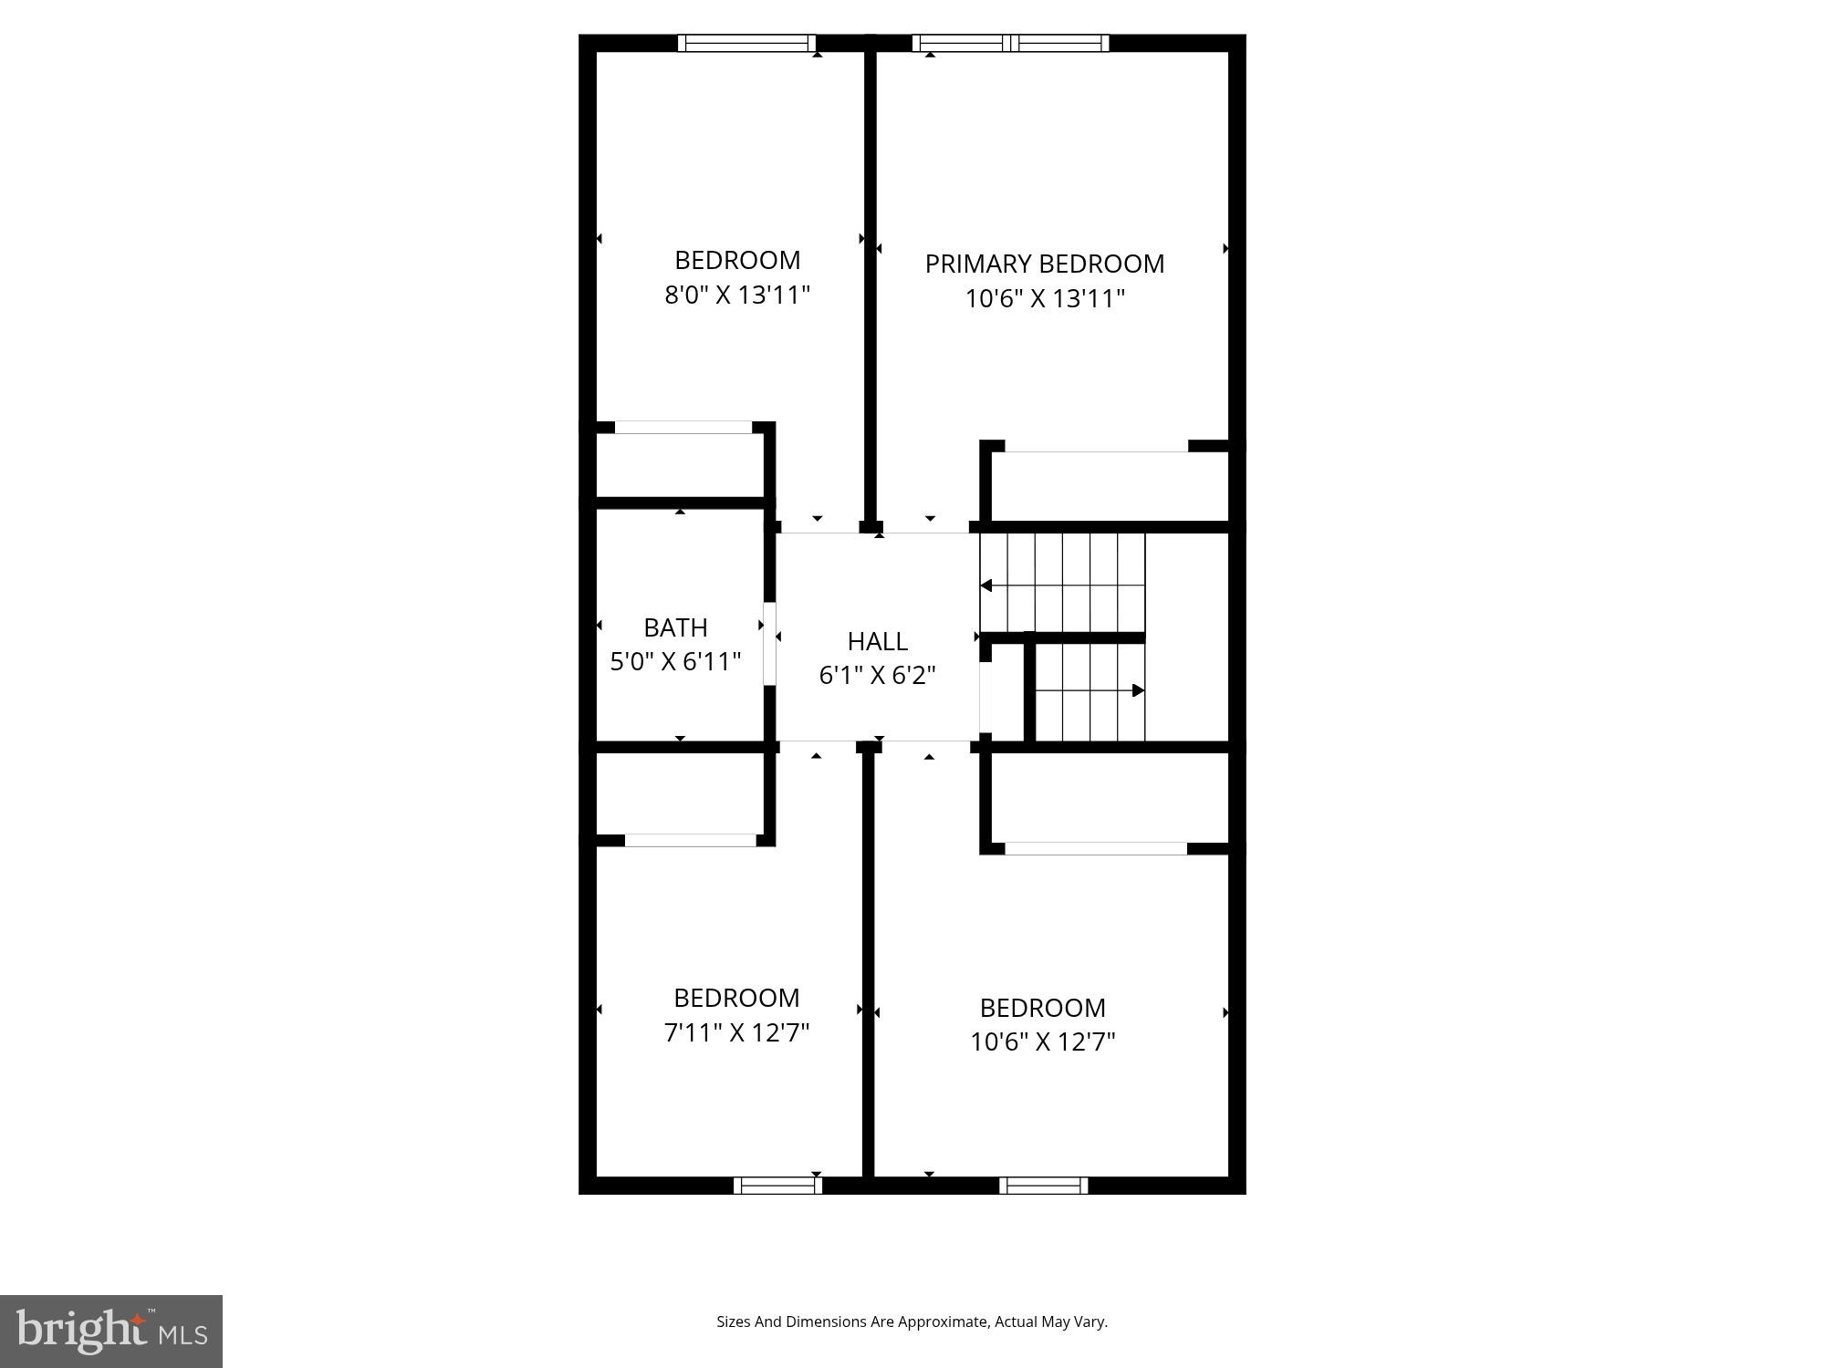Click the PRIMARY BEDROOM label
pos(1044,264)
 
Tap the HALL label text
pos(877,642)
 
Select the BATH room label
pos(675,627)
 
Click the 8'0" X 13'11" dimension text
pos(737,295)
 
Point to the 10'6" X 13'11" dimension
pos(1045,299)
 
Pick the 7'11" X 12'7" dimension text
pos(736,1032)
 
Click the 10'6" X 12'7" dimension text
pos(1043,1042)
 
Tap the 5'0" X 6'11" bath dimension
pos(675,662)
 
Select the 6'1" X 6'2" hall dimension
pos(877,676)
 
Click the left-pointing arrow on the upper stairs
pos(985,586)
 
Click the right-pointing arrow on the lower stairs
pos(1138,690)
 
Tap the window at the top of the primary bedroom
pos(1010,43)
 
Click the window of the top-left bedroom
pos(746,43)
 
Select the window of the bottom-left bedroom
pos(777,1186)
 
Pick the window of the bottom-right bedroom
pos(1043,1186)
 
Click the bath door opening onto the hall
pos(769,644)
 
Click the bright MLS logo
pos(111,1332)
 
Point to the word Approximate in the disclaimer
pos(944,1321)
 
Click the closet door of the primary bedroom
pos(1096,447)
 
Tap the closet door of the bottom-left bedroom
pos(690,840)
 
